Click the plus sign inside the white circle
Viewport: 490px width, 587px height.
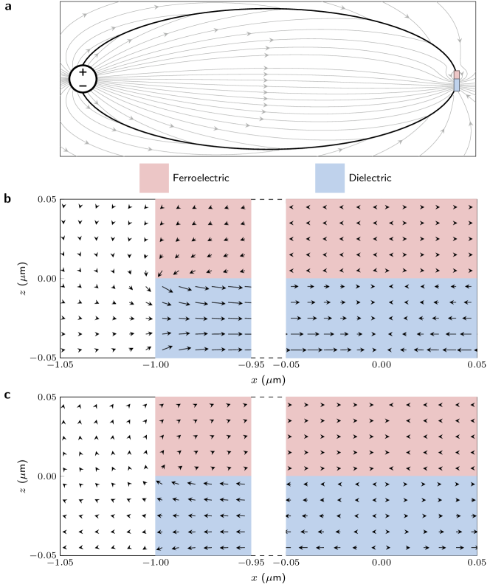click(x=83, y=72)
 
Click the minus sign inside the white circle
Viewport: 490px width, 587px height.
click(x=83, y=86)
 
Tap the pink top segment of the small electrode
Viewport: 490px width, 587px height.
click(x=457, y=74)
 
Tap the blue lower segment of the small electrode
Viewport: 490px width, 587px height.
click(x=457, y=85)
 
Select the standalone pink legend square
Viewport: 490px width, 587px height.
click(x=154, y=178)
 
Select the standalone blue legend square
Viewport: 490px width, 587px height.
click(x=330, y=178)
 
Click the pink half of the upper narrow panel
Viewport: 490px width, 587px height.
click(x=203, y=238)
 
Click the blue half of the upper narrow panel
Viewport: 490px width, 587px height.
click(x=203, y=318)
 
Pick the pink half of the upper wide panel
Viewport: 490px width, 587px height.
click(x=381, y=238)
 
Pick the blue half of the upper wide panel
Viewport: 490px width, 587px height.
click(x=381, y=318)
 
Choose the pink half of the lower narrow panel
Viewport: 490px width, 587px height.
click(x=203, y=436)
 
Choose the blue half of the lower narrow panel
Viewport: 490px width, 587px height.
click(x=203, y=515)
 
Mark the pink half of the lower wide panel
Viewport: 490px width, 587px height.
click(x=381, y=436)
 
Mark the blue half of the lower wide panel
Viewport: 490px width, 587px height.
click(x=381, y=515)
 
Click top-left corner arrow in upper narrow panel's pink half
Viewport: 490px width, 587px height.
click(x=162, y=207)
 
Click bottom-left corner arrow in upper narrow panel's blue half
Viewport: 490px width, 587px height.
click(x=167, y=348)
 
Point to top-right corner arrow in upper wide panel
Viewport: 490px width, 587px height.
click(x=470, y=207)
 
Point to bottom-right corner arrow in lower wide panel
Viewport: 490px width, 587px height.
click(x=469, y=547)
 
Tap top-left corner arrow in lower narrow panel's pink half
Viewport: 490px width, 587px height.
click(x=163, y=406)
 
